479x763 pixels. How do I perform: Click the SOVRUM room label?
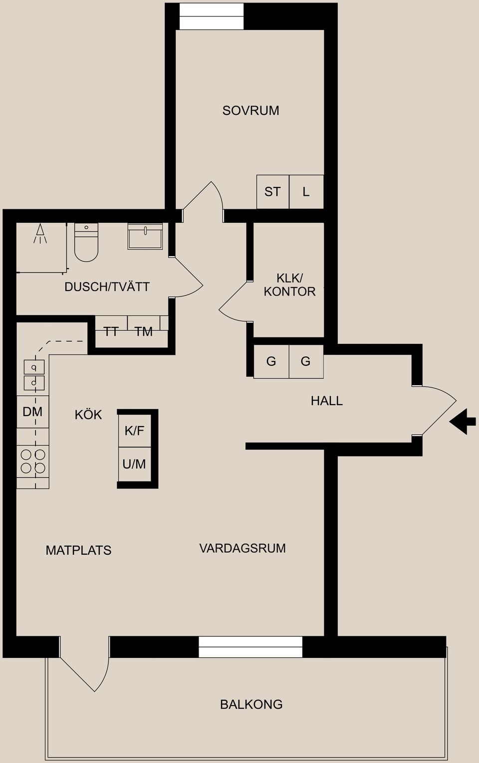point(250,110)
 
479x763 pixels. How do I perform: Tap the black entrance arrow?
point(463,421)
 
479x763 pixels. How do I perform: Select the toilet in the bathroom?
point(86,242)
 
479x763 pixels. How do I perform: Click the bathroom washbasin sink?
point(145,236)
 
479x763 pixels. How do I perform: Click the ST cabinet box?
point(272,192)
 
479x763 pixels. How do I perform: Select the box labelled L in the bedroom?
point(306,192)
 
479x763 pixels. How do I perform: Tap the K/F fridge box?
point(134,431)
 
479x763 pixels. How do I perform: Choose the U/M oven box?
point(134,464)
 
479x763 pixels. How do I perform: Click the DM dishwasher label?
point(32,412)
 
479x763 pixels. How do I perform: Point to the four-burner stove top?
point(33,461)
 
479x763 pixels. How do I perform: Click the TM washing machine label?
point(144,331)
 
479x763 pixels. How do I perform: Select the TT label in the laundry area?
point(111,331)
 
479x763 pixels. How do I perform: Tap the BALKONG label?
point(251,704)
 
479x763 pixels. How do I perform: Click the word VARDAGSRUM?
point(242,548)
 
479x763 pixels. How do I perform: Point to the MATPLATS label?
point(78,550)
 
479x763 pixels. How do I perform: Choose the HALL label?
point(326,401)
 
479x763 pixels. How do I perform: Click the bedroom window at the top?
point(212,16)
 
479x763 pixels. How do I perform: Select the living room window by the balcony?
point(250,647)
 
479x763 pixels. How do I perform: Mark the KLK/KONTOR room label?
point(289,285)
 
